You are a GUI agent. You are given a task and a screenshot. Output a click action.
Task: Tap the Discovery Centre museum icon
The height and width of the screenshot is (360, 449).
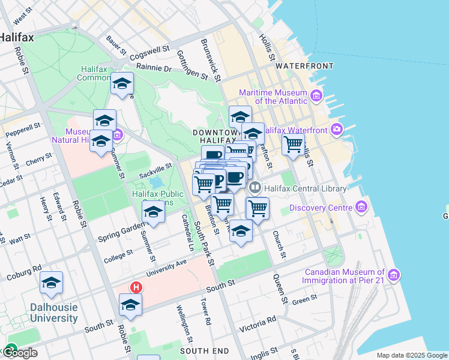pyautogui.click(x=361, y=208)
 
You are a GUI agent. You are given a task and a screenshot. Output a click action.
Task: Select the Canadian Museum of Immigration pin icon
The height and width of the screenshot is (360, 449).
pyautogui.click(x=394, y=275)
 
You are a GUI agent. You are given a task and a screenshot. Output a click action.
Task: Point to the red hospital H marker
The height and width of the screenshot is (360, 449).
pyautogui.click(x=136, y=288)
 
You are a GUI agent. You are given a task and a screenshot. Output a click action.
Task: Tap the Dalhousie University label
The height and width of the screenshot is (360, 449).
pyautogui.click(x=54, y=312)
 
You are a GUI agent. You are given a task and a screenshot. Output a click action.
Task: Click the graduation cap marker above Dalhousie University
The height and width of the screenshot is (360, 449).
pyautogui.click(x=52, y=283)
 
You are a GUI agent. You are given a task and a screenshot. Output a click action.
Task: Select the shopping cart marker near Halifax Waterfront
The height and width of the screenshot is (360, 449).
pyautogui.click(x=293, y=144)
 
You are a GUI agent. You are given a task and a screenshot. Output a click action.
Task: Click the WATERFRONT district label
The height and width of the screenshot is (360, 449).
pyautogui.click(x=304, y=65)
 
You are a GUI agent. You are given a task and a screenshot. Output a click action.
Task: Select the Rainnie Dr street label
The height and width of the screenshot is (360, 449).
pyautogui.click(x=154, y=68)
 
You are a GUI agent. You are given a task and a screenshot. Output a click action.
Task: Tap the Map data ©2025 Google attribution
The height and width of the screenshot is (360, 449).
pyautogui.click(x=411, y=355)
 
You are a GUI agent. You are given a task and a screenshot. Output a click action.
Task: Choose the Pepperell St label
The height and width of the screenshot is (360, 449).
pyautogui.click(x=23, y=128)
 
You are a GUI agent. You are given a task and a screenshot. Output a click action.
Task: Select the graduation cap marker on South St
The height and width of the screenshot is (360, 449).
pyautogui.click(x=130, y=305)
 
